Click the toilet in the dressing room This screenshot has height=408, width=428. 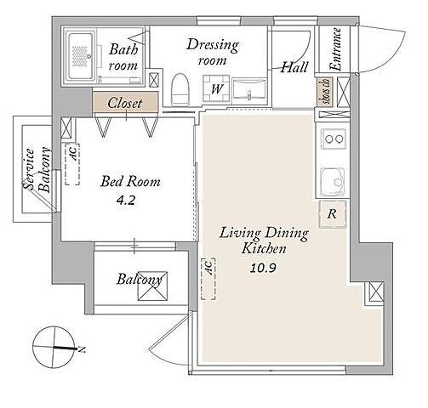[180, 90]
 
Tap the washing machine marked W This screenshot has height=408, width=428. [216, 88]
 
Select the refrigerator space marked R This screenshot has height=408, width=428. [333, 214]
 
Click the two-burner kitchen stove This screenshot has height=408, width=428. [334, 139]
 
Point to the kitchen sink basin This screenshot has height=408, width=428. [333, 182]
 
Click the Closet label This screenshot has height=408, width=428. [125, 103]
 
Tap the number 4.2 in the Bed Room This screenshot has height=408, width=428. [126, 201]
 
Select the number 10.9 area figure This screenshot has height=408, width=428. [263, 268]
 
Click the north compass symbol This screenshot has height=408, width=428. [54, 348]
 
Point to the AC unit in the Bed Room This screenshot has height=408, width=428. [72, 164]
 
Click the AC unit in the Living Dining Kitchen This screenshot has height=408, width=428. [208, 279]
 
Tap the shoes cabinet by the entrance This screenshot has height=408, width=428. [325, 92]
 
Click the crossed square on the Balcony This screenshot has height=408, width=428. [152, 286]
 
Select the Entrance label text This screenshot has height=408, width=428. [336, 49]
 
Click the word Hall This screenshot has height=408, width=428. [294, 67]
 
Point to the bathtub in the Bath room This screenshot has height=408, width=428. [81, 55]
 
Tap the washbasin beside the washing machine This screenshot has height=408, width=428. [249, 91]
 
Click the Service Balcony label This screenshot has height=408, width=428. [37, 169]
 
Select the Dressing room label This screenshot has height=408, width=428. [213, 52]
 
